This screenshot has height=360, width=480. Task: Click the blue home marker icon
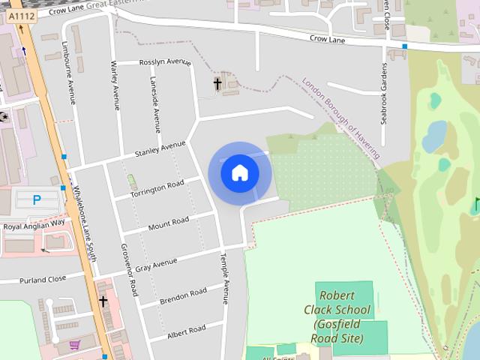click(x=240, y=172)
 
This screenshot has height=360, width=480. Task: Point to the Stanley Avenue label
click(x=159, y=148)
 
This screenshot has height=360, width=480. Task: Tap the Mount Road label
click(x=168, y=223)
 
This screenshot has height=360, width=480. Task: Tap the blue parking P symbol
click(x=37, y=199)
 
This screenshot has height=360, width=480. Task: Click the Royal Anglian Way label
click(x=34, y=225)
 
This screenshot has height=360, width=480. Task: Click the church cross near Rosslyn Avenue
click(x=218, y=84)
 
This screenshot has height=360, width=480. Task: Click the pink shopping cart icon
click(x=74, y=344)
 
